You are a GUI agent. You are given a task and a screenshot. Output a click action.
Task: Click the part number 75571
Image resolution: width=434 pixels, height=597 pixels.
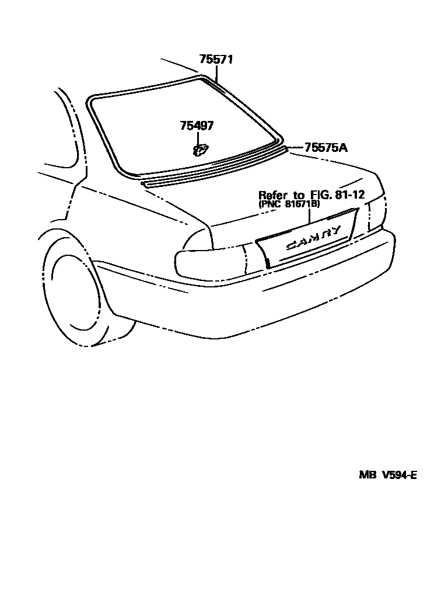tap(216, 60)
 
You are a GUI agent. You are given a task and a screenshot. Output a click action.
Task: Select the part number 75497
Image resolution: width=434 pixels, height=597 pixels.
tap(197, 126)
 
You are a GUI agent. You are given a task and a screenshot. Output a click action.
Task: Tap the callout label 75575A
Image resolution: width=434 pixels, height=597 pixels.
tap(325, 148)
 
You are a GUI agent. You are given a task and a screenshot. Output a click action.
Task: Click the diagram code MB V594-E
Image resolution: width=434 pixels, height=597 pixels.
tap(387, 475)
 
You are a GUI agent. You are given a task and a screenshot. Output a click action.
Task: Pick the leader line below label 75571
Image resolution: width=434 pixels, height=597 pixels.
tap(216, 73)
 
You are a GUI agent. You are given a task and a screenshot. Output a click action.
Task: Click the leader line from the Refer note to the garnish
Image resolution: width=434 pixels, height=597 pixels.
tap(310, 217)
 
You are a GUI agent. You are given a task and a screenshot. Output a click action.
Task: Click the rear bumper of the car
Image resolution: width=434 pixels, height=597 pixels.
tap(262, 304)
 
